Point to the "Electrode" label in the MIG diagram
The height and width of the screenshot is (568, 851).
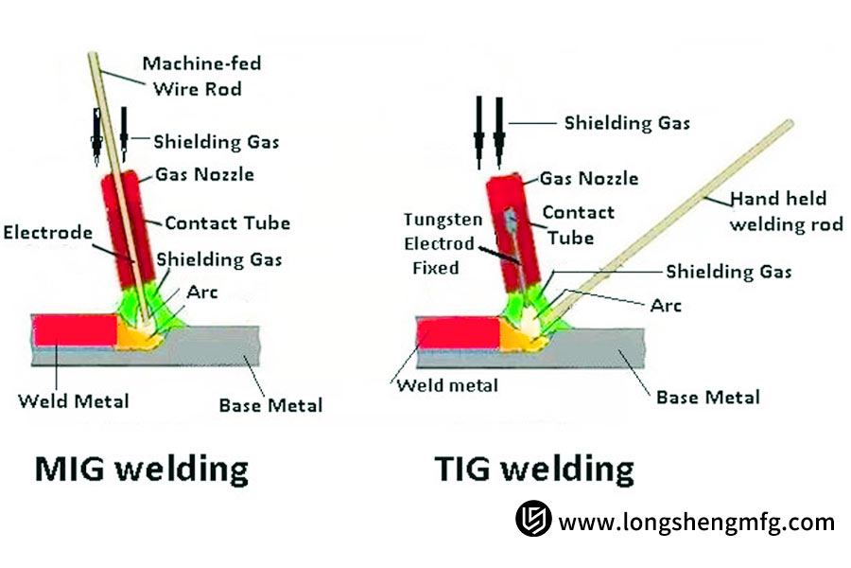click(47, 232)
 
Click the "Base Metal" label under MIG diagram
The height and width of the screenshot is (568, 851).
click(270, 405)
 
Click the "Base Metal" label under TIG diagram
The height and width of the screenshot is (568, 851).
click(707, 397)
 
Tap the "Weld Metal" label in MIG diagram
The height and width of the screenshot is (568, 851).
click(74, 400)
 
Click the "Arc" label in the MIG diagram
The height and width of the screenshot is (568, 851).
click(202, 292)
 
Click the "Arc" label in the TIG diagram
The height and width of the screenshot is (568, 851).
click(666, 305)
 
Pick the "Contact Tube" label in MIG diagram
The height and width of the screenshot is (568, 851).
click(227, 223)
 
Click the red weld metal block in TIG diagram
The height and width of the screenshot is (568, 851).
click(458, 334)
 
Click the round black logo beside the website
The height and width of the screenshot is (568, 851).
click(533, 520)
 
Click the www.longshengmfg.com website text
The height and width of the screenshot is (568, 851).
click(696, 522)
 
